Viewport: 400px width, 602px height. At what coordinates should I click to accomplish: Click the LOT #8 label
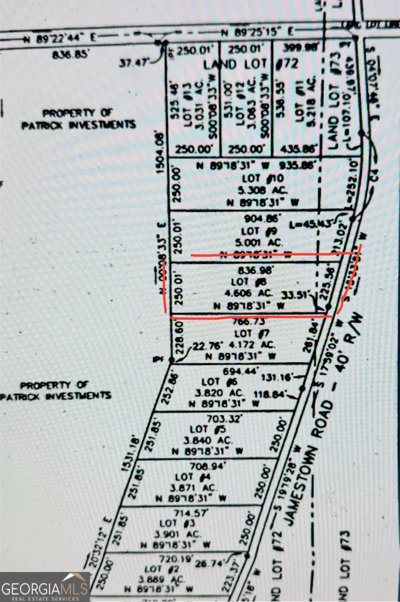point(246,282)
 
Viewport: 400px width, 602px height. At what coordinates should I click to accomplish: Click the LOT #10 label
point(263,178)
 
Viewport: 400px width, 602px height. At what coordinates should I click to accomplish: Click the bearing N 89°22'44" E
point(60,39)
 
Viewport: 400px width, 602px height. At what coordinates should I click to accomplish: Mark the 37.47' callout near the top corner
point(133,64)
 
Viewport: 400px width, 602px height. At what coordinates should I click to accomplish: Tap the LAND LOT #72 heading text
point(251,64)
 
